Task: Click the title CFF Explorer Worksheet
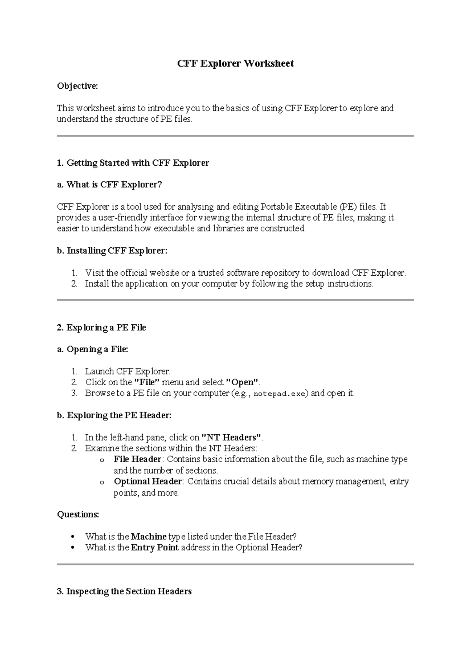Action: (x=235, y=64)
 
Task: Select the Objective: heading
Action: (x=77, y=86)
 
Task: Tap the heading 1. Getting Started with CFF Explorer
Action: (x=133, y=163)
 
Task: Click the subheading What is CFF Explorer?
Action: (x=110, y=185)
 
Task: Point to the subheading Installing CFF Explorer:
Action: (x=112, y=251)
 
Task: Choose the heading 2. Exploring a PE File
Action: (x=101, y=328)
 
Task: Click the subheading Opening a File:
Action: (x=93, y=349)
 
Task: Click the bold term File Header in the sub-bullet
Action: (x=137, y=459)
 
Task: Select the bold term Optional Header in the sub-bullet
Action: (x=148, y=481)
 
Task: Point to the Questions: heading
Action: (x=78, y=514)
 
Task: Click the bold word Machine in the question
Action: (x=149, y=536)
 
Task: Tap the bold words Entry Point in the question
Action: (x=155, y=547)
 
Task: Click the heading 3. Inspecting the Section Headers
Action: (x=124, y=591)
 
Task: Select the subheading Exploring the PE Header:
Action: (x=114, y=415)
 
